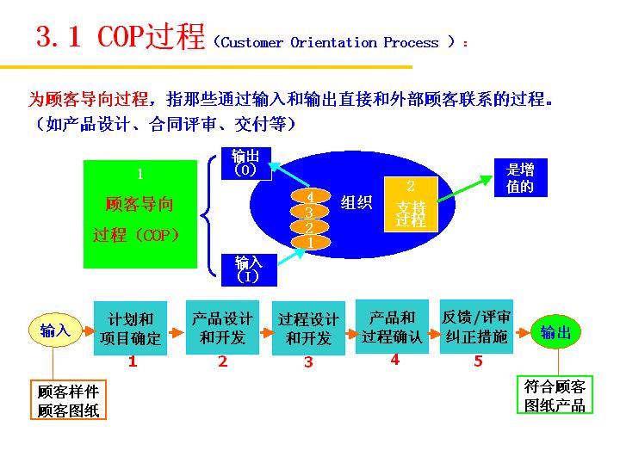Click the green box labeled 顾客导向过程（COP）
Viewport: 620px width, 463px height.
(x=139, y=214)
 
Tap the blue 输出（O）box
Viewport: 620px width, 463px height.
(x=245, y=164)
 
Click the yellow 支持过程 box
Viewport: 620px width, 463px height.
(x=411, y=204)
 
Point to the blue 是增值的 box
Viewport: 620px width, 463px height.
(x=520, y=178)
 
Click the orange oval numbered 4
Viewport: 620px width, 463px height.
(x=310, y=196)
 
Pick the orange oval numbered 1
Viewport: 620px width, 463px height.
(x=310, y=243)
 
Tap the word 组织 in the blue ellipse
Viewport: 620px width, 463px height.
(x=356, y=203)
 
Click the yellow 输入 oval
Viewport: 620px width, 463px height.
(x=55, y=330)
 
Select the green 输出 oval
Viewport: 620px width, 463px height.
(x=555, y=332)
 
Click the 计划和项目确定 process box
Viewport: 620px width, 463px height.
(x=131, y=328)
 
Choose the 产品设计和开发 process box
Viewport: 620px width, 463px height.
(x=222, y=327)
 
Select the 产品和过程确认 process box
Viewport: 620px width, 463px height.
(x=392, y=327)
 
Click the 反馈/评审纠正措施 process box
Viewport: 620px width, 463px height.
(x=477, y=327)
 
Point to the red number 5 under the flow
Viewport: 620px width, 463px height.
(x=478, y=361)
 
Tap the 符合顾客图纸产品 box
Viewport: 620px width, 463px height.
(x=555, y=397)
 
